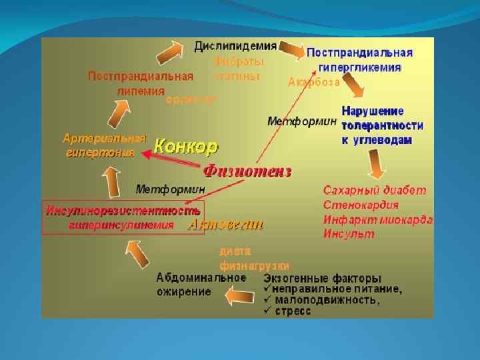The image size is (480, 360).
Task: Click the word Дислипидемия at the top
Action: (236, 46)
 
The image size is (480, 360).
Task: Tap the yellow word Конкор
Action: (186, 145)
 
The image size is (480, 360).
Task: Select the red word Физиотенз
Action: (247, 171)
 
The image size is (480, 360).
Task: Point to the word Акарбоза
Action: (313, 83)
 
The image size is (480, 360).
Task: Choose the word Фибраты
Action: (239, 61)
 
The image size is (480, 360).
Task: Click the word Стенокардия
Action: (361, 205)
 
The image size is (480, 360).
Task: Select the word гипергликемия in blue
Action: (361, 67)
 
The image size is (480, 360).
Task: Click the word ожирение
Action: (183, 291)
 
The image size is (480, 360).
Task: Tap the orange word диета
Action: (235, 251)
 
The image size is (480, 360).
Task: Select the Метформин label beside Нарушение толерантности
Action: (301, 121)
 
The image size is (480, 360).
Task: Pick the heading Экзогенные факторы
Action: (323, 277)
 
